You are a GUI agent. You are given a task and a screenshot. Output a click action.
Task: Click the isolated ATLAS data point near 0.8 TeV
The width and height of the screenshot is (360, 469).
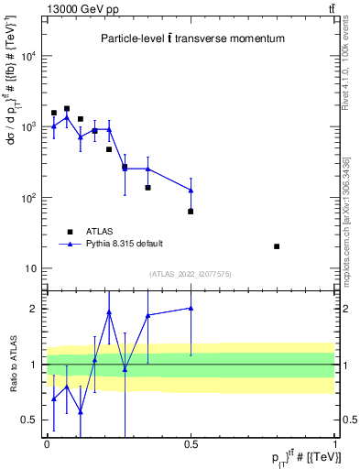point(278,246)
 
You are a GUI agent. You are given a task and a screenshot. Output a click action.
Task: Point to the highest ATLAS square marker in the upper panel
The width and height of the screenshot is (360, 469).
point(67,109)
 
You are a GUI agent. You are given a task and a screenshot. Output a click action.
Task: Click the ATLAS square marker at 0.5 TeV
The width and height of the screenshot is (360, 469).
point(191,212)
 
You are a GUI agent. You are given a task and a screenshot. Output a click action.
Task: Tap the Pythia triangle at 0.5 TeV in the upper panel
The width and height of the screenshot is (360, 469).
point(191,191)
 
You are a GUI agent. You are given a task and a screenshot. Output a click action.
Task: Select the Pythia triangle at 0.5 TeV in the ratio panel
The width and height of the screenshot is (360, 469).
point(191,309)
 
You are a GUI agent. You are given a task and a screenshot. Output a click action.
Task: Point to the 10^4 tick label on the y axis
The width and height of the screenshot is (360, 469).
point(27,57)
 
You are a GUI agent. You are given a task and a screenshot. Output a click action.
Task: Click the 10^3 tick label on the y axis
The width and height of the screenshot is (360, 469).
point(27,127)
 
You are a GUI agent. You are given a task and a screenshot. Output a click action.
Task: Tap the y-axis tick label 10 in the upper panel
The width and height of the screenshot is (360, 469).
point(29,269)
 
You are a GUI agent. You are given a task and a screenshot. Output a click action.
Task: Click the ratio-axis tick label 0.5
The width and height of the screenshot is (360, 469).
point(31,420)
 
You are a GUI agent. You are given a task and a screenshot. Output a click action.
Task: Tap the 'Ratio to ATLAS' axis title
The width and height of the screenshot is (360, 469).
point(13,365)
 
